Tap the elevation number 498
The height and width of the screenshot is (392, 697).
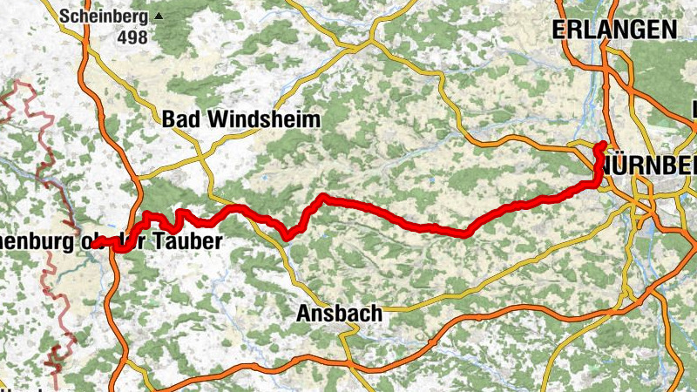[x=134, y=37]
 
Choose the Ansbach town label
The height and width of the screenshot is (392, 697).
[x=339, y=313]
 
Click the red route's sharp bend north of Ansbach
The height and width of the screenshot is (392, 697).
[x=322, y=197]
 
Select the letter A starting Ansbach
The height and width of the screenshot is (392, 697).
[x=303, y=313]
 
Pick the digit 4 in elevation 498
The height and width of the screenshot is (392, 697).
[x=125, y=37]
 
